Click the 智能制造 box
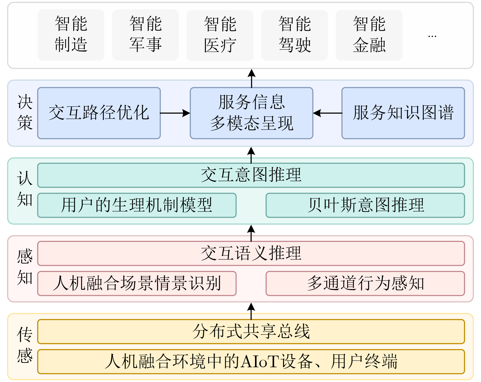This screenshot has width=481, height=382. (x=71, y=35)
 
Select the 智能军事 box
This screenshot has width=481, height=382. (x=145, y=35)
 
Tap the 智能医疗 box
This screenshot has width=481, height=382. (x=220, y=35)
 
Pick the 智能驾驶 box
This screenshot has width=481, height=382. (x=294, y=35)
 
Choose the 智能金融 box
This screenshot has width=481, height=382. (x=369, y=35)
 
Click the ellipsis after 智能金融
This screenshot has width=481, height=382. (x=432, y=36)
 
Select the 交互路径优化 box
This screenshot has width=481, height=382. (x=99, y=113)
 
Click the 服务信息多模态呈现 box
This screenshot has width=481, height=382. (x=251, y=113)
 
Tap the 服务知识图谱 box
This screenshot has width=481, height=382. (x=403, y=113)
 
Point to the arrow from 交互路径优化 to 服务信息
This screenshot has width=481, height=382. (x=175, y=113)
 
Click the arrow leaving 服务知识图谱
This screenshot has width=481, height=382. (x=328, y=113)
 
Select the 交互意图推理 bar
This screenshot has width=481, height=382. (x=251, y=175)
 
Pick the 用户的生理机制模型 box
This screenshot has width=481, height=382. (x=137, y=205)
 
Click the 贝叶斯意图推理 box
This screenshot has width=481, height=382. (x=365, y=205)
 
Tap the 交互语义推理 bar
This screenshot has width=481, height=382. (x=251, y=253)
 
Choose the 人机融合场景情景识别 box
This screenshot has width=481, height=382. (x=137, y=283)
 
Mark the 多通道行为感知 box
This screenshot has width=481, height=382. (x=365, y=283)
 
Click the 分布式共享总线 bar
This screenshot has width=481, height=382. (x=251, y=332)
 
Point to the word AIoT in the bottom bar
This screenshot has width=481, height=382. (x=260, y=362)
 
